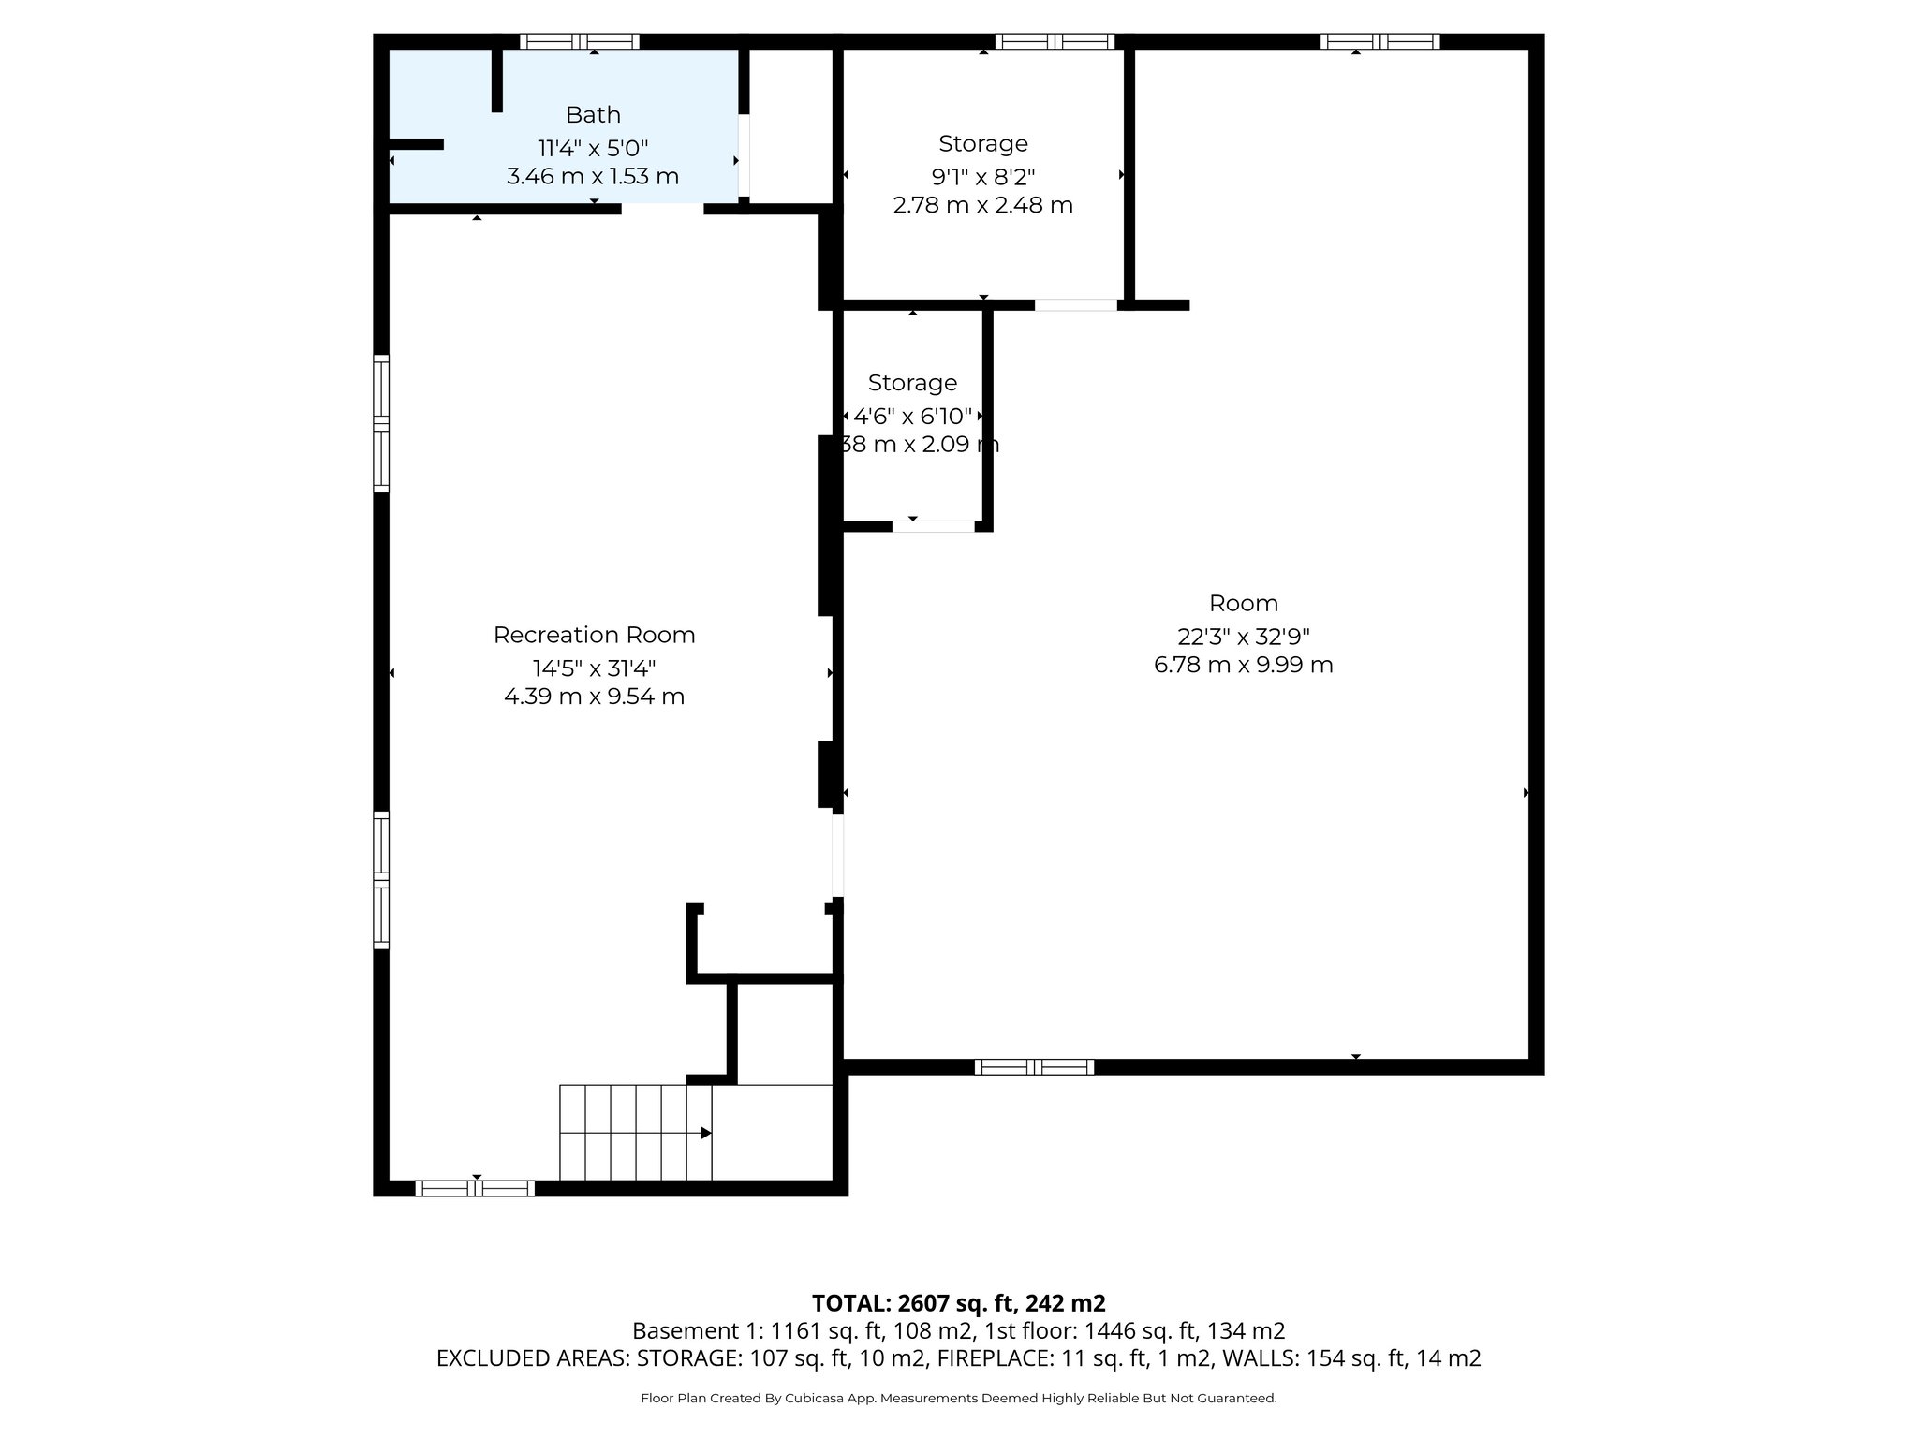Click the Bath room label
tap(593, 115)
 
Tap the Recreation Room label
tap(594, 636)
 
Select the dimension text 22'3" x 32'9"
tap(1243, 637)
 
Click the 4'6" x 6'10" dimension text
tap(912, 417)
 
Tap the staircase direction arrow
tap(705, 1133)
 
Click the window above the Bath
tap(579, 41)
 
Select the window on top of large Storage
tap(1055, 41)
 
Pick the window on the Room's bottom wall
tap(1034, 1066)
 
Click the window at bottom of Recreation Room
tap(475, 1188)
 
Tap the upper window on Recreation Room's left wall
tap(381, 423)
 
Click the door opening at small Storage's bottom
tap(933, 527)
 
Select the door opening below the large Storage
tap(1075, 305)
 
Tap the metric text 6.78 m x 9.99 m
tap(1243, 666)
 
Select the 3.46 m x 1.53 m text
tap(593, 177)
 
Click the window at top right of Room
tap(1379, 41)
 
